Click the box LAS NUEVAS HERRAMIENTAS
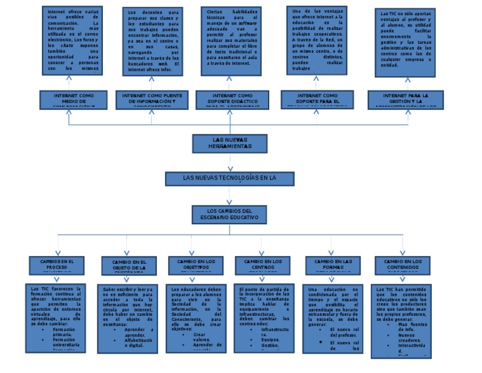[230, 143]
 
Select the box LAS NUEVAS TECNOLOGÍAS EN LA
[229, 178]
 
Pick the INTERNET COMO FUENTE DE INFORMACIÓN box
[153, 99]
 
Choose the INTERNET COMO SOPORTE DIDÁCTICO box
[233, 99]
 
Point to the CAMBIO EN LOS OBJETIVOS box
[196, 264]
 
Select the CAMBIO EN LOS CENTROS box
[263, 264]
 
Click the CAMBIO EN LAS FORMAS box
[333, 264]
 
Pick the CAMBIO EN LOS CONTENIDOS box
[403, 264]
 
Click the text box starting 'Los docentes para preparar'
[153, 41]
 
